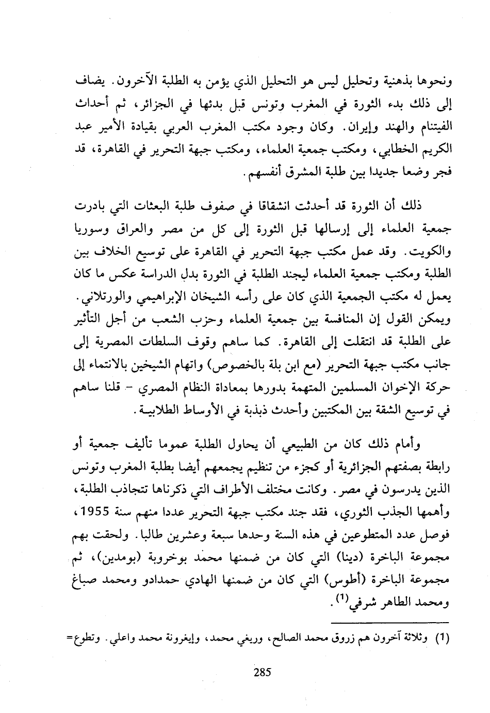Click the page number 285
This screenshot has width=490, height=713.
tap(263, 672)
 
